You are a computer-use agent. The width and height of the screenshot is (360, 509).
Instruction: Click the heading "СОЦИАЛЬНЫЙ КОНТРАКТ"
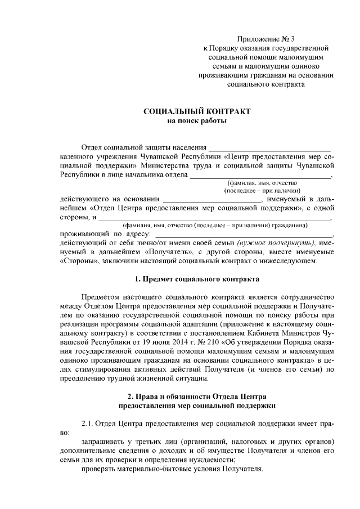(x=197, y=111)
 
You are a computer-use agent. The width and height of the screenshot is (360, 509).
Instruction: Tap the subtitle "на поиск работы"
(x=197, y=121)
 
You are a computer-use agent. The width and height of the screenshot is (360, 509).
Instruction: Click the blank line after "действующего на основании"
(x=212, y=200)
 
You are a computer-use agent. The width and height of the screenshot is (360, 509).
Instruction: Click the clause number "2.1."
(x=89, y=422)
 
